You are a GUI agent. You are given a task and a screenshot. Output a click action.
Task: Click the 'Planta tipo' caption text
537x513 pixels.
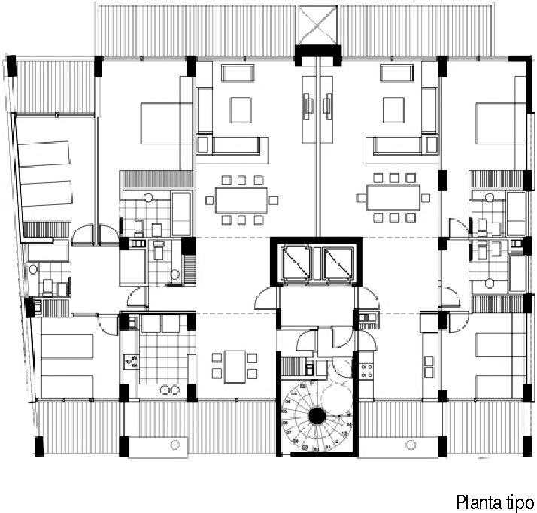tap(495, 502)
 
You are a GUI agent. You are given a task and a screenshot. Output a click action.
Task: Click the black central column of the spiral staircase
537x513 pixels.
tap(317, 416)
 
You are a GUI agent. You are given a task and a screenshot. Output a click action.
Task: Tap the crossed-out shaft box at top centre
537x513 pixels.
tap(317, 25)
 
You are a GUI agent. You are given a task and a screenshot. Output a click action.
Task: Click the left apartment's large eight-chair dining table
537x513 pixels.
tap(241, 200)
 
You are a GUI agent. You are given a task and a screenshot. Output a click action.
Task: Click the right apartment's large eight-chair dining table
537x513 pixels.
tap(393, 197)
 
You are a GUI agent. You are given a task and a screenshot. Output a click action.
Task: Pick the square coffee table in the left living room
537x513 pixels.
tap(241, 110)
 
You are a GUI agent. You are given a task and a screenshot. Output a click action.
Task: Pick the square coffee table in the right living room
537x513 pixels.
tap(393, 110)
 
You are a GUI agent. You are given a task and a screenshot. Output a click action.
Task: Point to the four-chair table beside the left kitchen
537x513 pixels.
tap(235, 366)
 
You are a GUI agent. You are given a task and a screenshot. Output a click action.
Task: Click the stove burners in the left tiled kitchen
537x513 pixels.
tap(131, 361)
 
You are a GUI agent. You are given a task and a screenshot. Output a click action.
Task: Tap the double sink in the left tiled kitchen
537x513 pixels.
tap(170, 390)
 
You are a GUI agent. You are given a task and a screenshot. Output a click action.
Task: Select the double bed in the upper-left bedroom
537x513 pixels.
tap(166, 123)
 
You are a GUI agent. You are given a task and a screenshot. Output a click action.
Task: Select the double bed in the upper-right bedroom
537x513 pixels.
tap(501, 123)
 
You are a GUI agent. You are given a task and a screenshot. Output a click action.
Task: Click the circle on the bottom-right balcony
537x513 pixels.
tap(411, 445)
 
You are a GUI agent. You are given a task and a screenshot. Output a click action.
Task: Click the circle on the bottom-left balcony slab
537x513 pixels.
tap(175, 445)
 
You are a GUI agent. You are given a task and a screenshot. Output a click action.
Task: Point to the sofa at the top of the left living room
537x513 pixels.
tap(238, 73)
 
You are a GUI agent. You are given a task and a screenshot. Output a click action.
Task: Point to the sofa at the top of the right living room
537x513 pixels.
tap(396, 73)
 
